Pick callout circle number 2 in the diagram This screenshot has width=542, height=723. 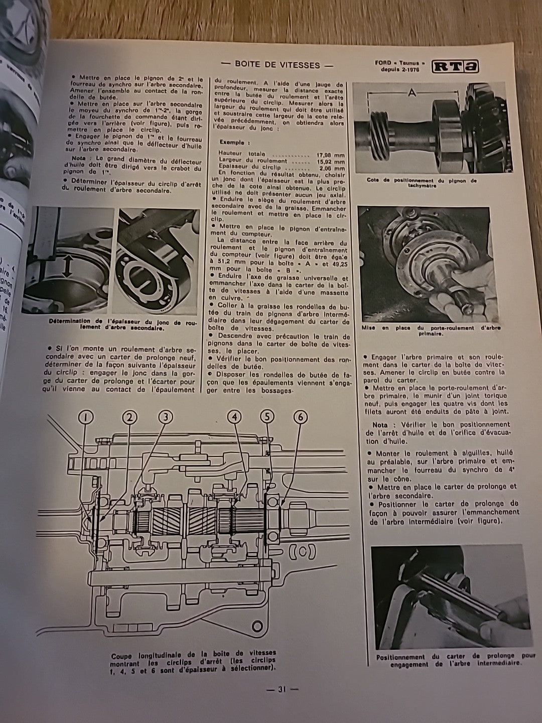pos(129,416)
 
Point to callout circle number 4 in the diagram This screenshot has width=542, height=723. pos(234,416)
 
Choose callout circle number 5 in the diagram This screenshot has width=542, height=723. pos(267,416)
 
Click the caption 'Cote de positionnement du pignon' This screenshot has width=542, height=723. pos(422,182)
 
